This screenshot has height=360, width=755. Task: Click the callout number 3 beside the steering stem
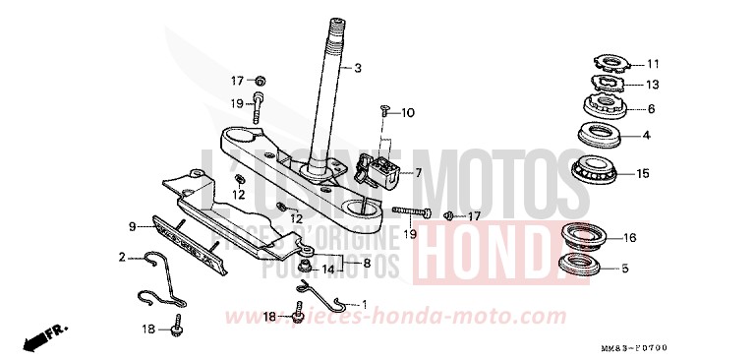point(358,68)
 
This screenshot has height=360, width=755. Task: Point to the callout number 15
point(643,174)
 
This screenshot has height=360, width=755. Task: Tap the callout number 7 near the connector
point(418,172)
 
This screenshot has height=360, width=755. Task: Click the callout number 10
point(408,113)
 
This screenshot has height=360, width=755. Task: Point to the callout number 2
point(122,258)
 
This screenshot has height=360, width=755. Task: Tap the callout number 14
point(328,268)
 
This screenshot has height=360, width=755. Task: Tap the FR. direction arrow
point(38,340)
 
